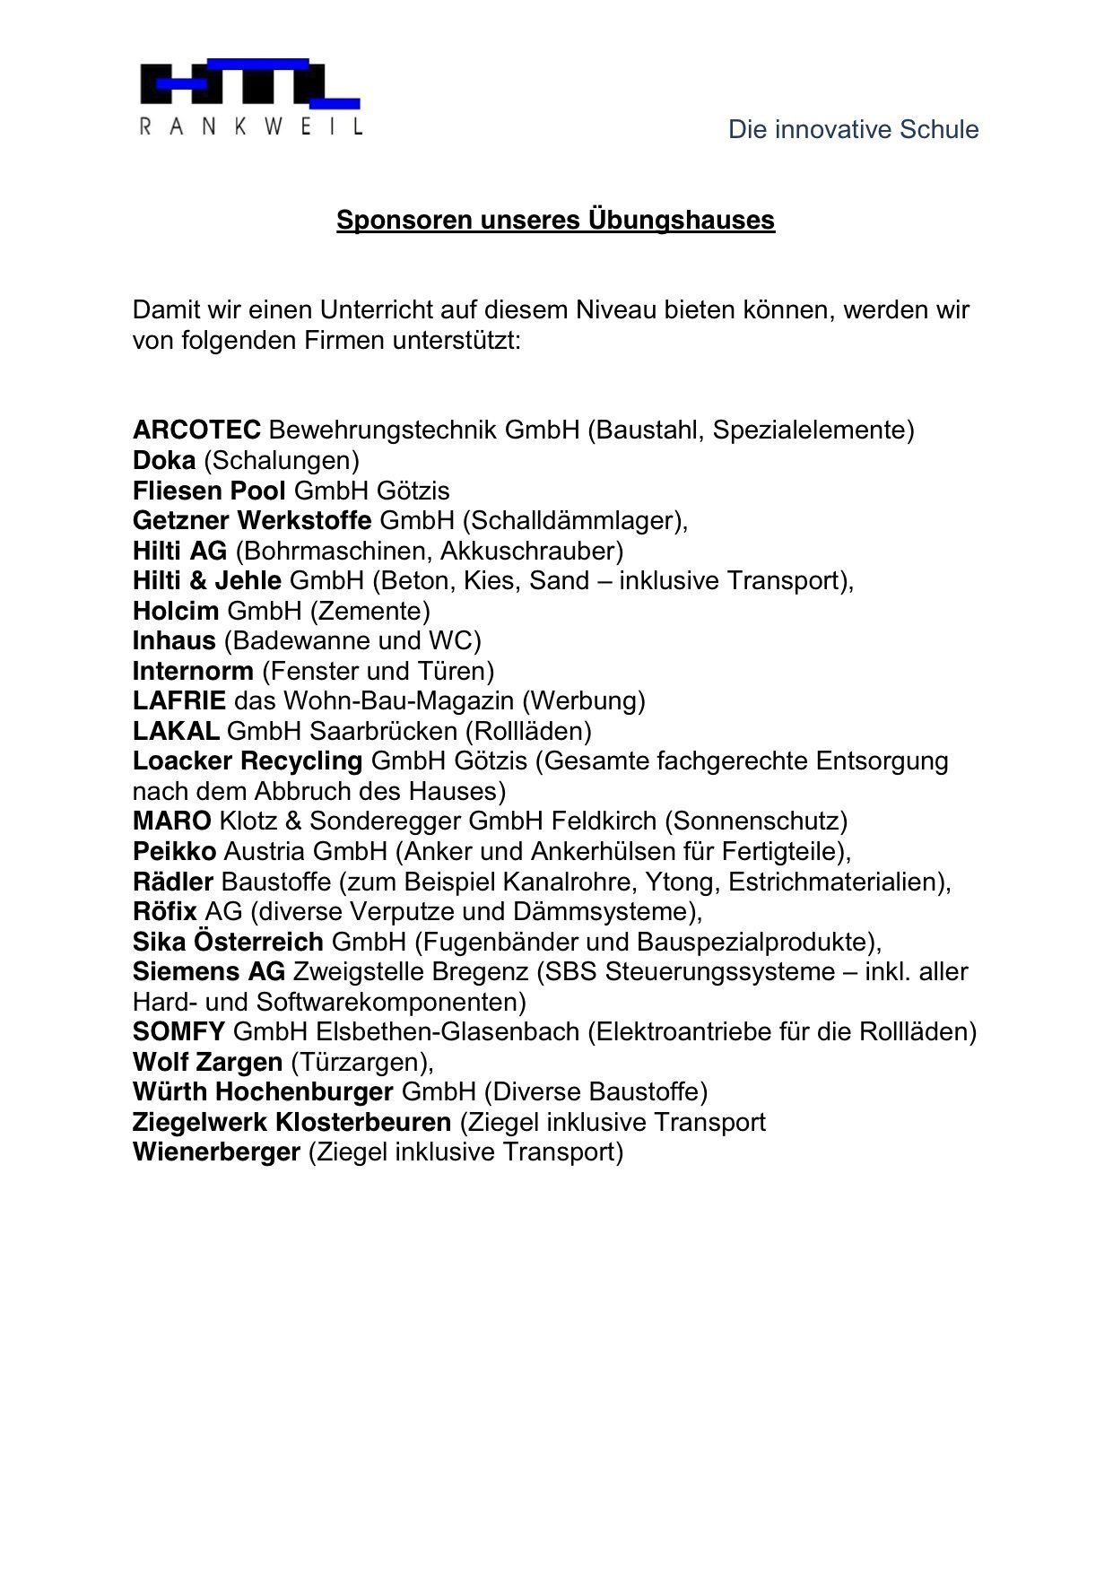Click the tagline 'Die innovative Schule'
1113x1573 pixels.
pos(853,130)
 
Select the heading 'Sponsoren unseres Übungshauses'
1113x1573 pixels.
pos(555,220)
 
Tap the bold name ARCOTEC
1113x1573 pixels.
pos(196,430)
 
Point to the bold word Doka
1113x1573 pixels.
pos(164,461)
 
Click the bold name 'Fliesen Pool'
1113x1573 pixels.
pos(209,491)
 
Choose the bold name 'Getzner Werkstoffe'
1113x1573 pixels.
pos(252,521)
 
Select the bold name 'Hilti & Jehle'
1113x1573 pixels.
pos(207,581)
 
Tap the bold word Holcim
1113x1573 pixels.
pos(176,612)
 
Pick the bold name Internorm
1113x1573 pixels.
pos(193,672)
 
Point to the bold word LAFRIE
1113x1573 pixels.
pos(179,701)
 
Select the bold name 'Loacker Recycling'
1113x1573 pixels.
pos(248,761)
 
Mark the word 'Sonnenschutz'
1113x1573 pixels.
pos(755,821)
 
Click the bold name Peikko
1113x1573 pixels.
pos(174,851)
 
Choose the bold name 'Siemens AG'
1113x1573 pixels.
pos(209,972)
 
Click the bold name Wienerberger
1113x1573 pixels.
pos(216,1152)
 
